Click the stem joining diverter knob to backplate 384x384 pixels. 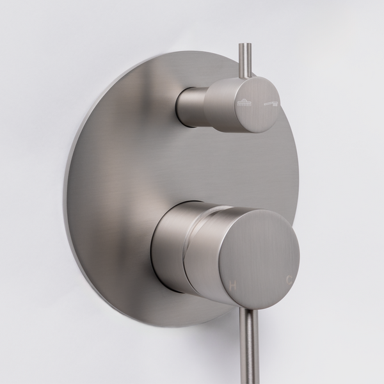(x=193, y=106)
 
